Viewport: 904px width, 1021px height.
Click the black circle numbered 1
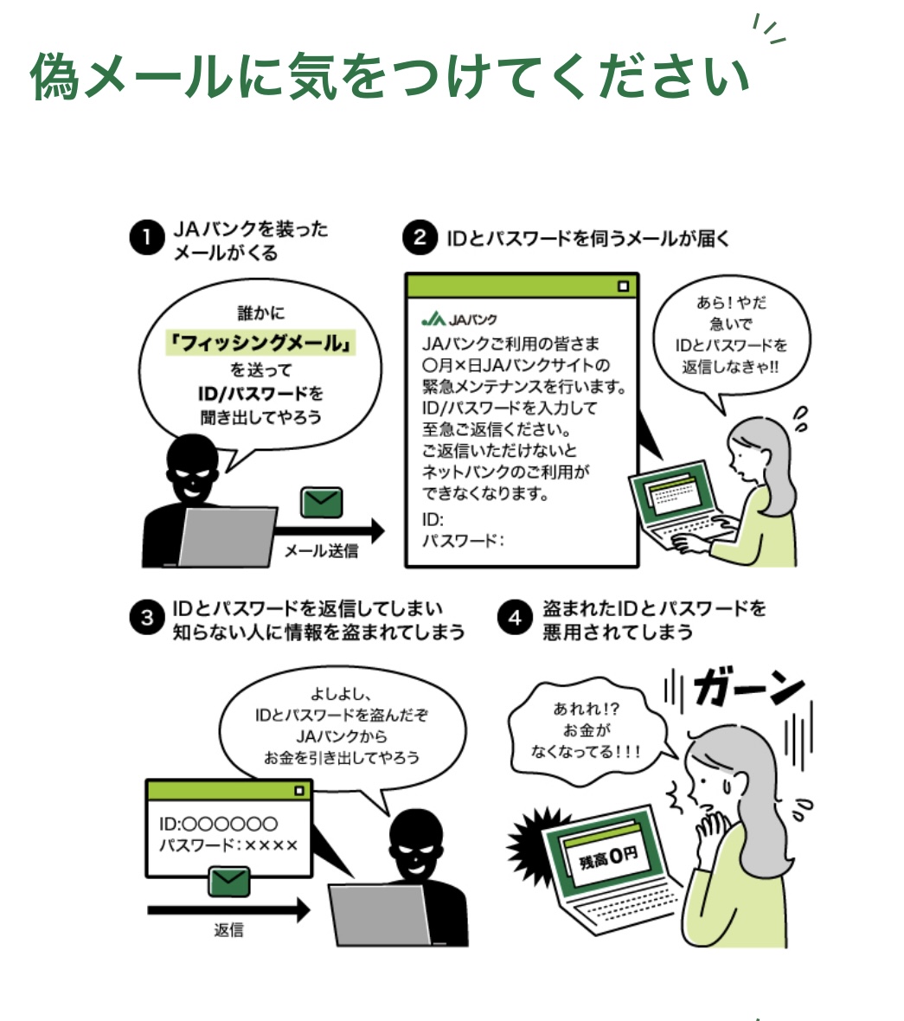click(x=146, y=237)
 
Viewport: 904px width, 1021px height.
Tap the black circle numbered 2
click(x=420, y=237)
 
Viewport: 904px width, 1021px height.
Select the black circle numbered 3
click(x=146, y=617)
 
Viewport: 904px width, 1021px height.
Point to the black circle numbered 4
click(x=515, y=617)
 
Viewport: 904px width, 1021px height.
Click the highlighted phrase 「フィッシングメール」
click(x=260, y=343)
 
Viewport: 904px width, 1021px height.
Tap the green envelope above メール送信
click(x=322, y=503)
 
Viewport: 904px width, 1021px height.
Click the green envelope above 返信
click(x=229, y=882)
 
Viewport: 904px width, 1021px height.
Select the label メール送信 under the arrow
click(x=321, y=551)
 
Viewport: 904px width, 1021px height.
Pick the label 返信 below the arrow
click(x=229, y=930)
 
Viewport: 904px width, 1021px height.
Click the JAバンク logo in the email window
click(x=458, y=319)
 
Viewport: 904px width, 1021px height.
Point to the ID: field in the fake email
click(x=433, y=520)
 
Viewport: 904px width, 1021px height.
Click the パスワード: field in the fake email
click(x=463, y=541)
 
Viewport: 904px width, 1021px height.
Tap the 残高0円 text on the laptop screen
click(x=608, y=857)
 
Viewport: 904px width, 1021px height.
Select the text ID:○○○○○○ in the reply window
click(x=219, y=824)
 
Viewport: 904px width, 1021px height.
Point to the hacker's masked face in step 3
click(x=416, y=846)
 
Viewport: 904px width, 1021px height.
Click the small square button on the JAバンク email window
click(x=623, y=286)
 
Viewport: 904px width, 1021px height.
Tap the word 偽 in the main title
click(x=55, y=76)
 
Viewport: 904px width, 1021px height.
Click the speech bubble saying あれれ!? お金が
click(x=586, y=729)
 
